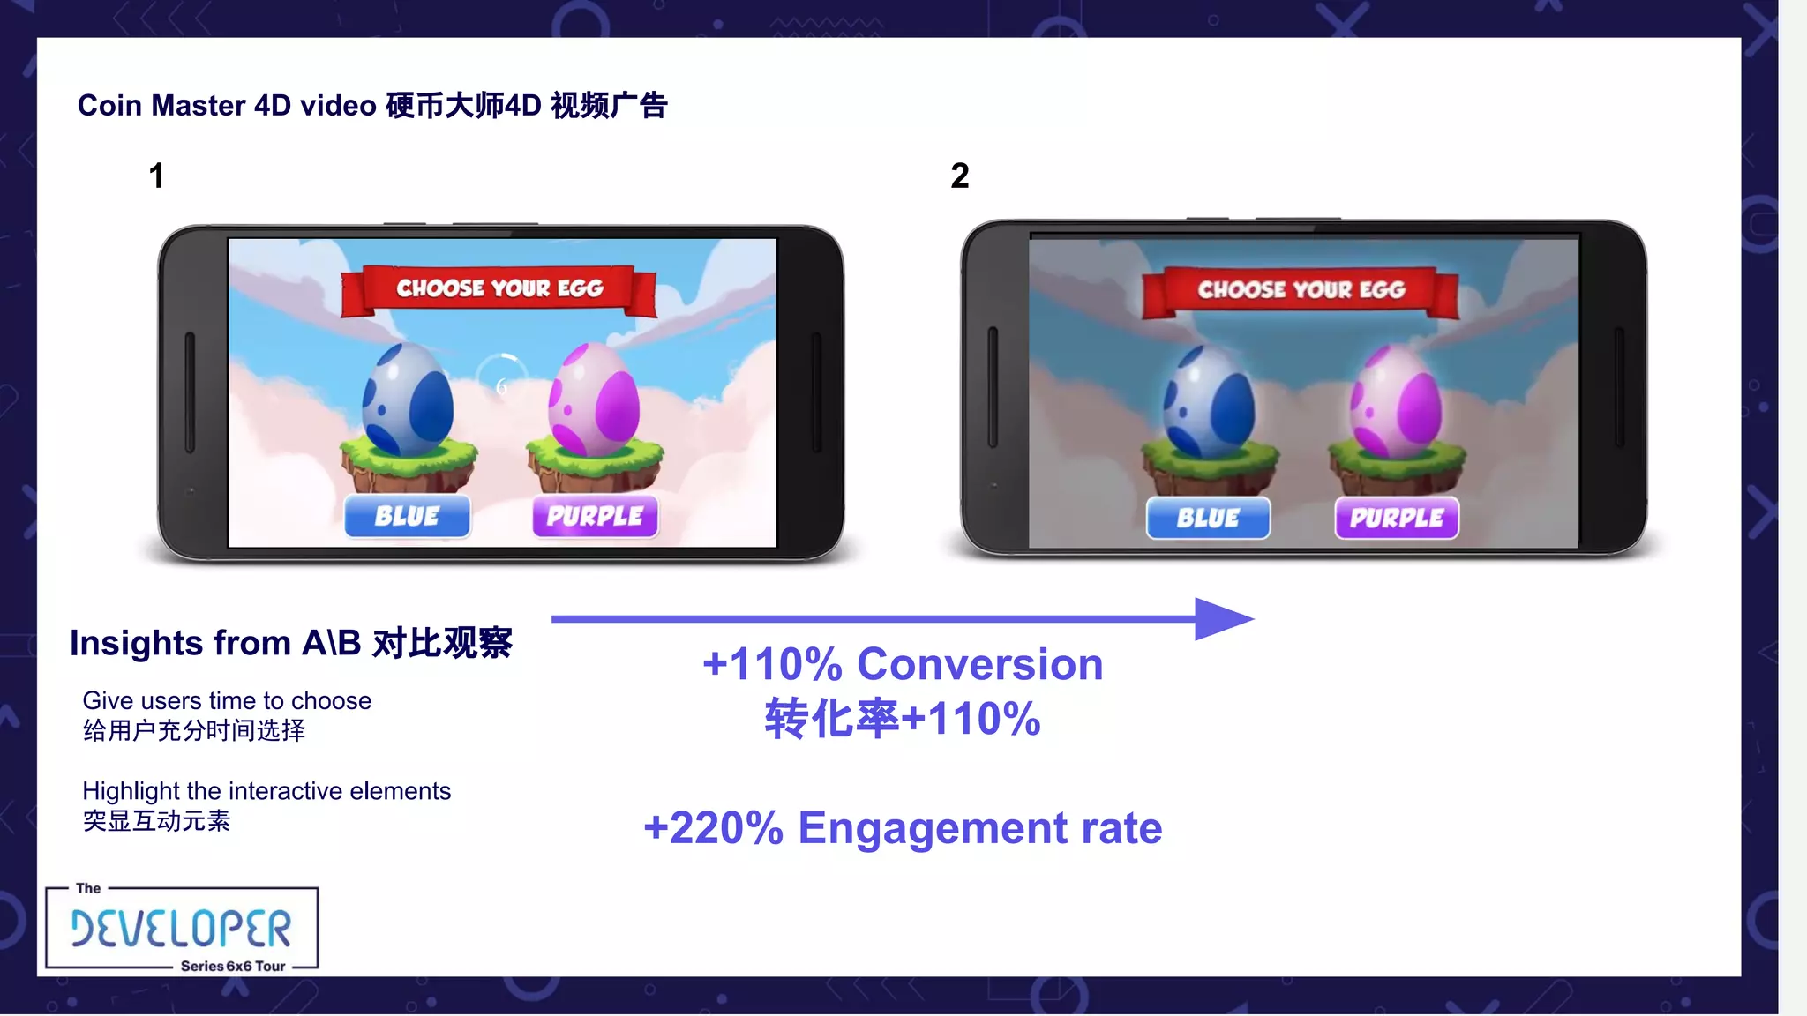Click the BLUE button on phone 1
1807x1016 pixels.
(407, 516)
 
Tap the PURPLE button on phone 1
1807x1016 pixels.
(595, 516)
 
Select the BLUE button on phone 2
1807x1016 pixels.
(1208, 518)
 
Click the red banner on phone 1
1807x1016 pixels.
(499, 289)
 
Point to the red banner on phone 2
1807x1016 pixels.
(1301, 290)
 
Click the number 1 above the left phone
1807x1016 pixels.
(157, 176)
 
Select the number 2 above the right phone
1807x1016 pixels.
(960, 176)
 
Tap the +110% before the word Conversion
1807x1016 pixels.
(772, 664)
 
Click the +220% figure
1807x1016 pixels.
(713, 828)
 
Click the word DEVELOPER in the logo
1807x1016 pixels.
(181, 928)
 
